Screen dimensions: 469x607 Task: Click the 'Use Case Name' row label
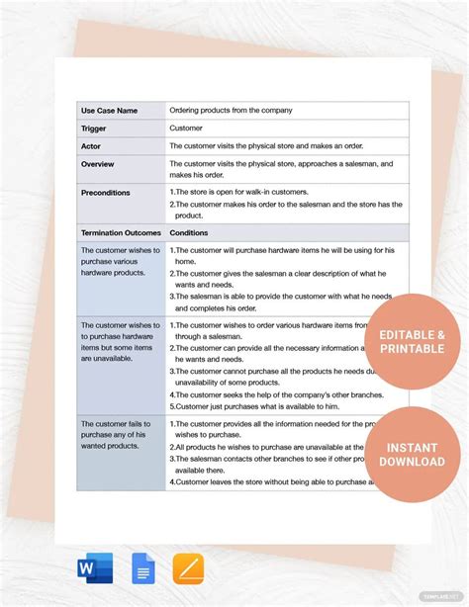[x=109, y=111]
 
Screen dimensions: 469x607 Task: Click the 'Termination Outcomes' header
[x=121, y=232]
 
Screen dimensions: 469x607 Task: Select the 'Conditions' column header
[x=189, y=232]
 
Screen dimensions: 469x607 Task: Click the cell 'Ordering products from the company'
[x=231, y=111]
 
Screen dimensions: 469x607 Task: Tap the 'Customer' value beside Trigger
[x=187, y=129]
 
